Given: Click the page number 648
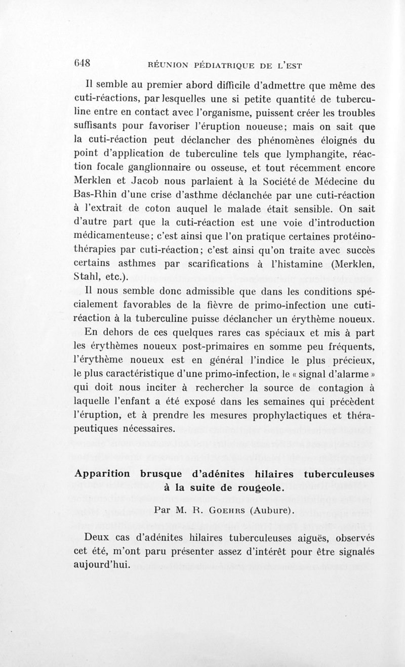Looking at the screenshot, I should click(x=82, y=63).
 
